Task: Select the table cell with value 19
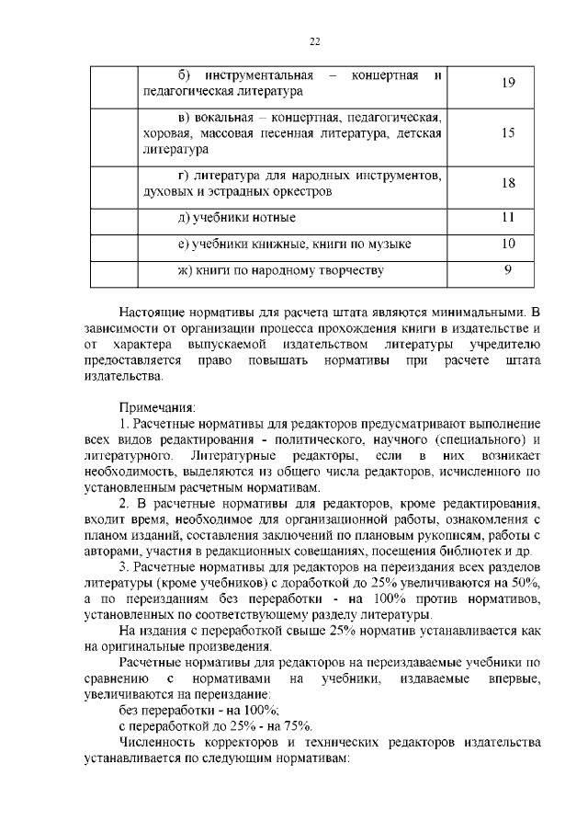(x=508, y=84)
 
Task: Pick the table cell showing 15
(x=508, y=132)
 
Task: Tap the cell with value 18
(x=508, y=183)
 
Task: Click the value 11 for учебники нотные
(x=508, y=218)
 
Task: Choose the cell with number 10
(x=508, y=244)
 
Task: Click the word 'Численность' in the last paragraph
(x=160, y=741)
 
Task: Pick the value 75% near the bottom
(x=297, y=724)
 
